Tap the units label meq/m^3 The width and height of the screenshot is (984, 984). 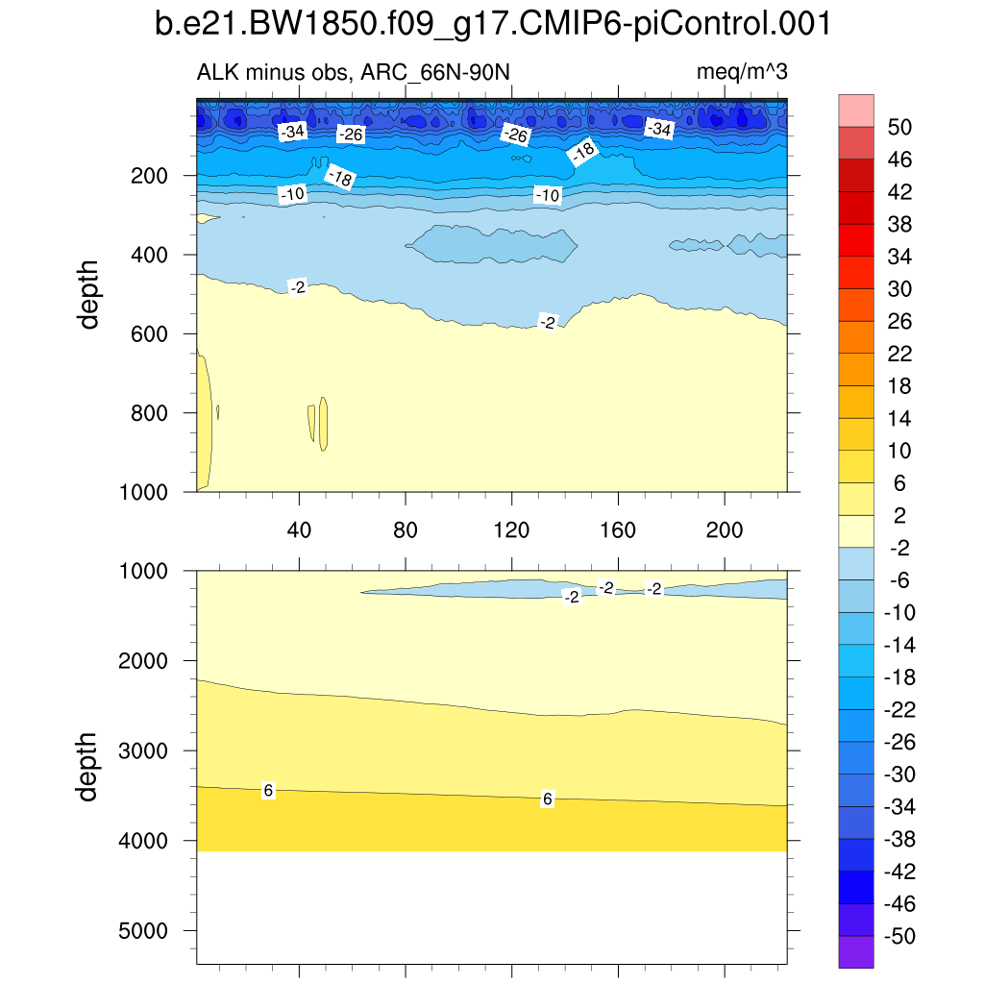pos(742,72)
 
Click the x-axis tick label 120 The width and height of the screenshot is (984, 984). pos(511,530)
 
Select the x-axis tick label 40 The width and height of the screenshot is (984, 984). pos(300,530)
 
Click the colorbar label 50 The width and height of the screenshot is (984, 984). pos(899,127)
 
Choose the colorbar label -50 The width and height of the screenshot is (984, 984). pos(897,936)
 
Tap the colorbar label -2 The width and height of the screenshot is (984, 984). pos(897,548)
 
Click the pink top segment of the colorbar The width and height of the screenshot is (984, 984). pos(856,110)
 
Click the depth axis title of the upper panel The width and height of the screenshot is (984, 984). pos(89,294)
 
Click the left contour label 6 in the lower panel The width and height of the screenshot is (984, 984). pos(269,790)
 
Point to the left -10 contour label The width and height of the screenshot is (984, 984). pos(292,195)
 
